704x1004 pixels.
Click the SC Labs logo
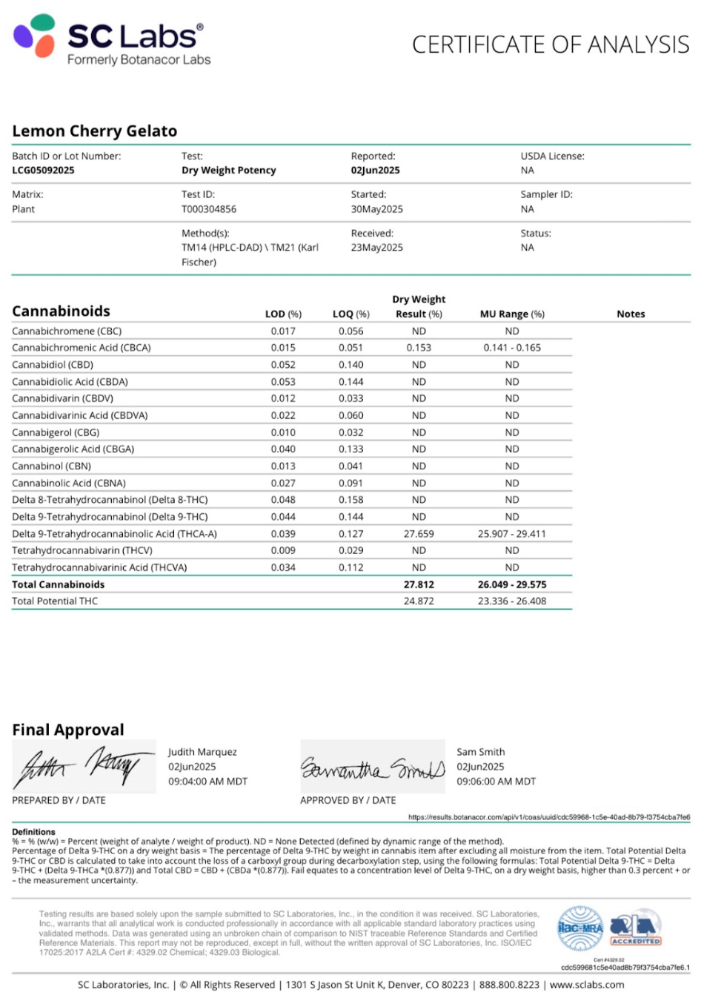[111, 41]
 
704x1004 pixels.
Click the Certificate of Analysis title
[551, 44]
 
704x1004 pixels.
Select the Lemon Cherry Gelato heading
[95, 131]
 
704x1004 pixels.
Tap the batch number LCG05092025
[43, 171]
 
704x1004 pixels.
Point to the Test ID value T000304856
[209, 209]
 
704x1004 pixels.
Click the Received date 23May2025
[376, 248]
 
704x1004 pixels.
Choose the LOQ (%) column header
[351, 314]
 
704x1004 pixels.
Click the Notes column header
[631, 314]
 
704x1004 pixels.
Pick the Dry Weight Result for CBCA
[419, 348]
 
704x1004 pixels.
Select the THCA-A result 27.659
[419, 534]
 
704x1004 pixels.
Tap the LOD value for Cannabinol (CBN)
[283, 466]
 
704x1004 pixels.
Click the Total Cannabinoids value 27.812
[419, 585]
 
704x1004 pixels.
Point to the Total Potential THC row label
[55, 601]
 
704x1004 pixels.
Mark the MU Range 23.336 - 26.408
[512, 601]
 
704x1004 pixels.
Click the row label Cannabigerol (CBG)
[56, 432]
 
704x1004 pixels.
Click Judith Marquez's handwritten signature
[83, 766]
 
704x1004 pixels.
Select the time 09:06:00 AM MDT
[496, 782]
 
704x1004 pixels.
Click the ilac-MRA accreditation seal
[580, 928]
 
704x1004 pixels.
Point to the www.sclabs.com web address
[587, 985]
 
